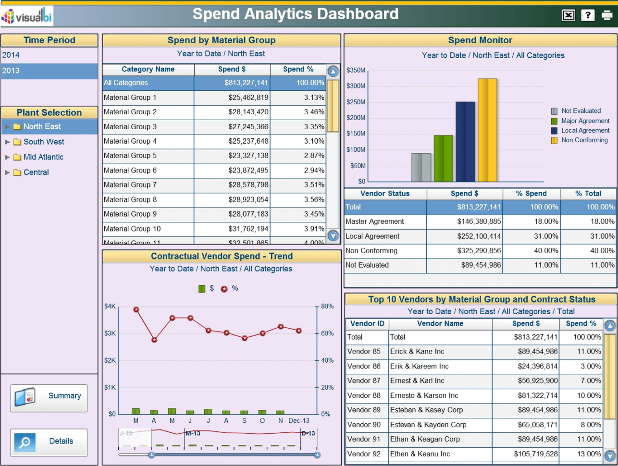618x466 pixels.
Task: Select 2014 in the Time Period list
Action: [11, 55]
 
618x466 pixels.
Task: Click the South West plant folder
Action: [43, 142]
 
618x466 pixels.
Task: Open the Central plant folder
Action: [36, 172]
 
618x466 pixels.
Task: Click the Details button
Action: [49, 441]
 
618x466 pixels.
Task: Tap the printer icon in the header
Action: [607, 15]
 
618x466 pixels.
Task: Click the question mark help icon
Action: [588, 15]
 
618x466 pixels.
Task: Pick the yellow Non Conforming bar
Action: [487, 130]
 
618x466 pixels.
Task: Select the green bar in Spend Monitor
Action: [443, 158]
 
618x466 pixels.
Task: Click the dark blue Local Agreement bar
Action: [465, 142]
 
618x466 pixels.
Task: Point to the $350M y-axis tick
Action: [356, 70]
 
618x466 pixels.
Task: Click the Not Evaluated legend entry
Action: [581, 111]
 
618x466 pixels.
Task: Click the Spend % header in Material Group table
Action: [298, 69]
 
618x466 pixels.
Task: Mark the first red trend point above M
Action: [136, 310]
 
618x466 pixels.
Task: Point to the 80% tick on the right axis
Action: [327, 307]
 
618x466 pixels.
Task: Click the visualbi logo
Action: [27, 16]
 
